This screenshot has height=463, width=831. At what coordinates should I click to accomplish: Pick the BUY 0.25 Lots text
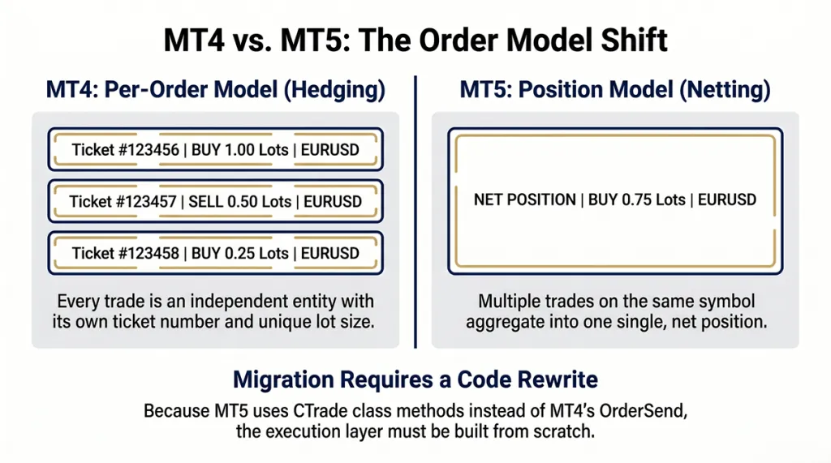(239, 253)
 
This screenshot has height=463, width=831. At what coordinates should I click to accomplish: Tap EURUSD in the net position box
(727, 199)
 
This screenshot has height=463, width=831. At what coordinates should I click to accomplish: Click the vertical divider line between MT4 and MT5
(415, 211)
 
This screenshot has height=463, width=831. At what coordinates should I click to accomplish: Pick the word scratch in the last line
(565, 431)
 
